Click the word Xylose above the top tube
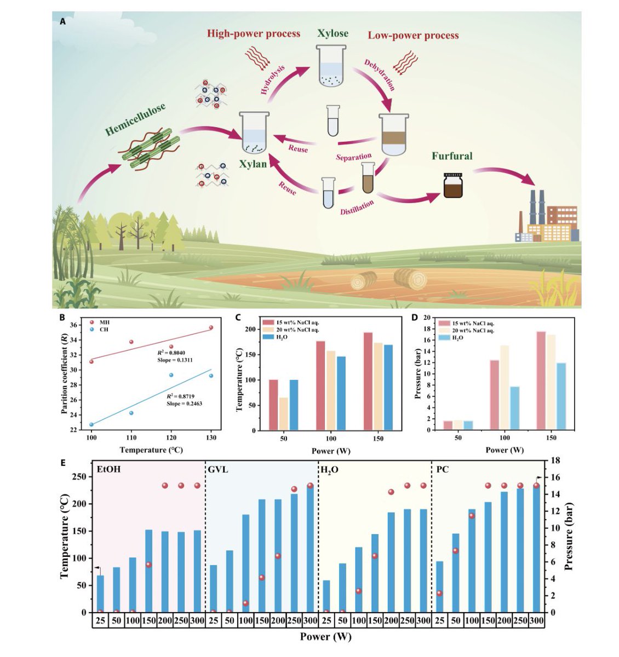[333, 33]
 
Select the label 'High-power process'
[254, 34]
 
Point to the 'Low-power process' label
[413, 36]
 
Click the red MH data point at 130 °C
[211, 327]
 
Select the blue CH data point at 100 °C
[91, 424]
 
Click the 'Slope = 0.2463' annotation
[185, 403]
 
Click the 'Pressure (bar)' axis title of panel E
[570, 537]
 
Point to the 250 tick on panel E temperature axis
[81, 477]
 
